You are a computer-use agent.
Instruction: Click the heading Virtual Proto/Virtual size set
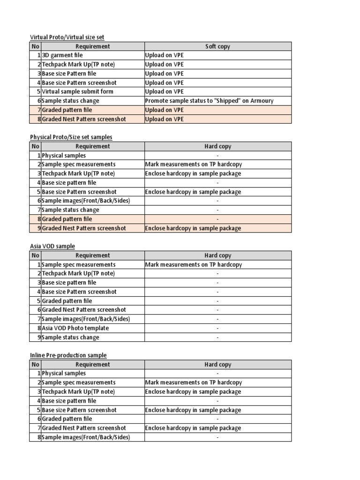tap(70, 37)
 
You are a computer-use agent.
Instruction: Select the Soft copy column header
tap(217, 46)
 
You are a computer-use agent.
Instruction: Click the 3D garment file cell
tap(62, 55)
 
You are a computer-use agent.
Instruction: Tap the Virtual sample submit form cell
tap(78, 91)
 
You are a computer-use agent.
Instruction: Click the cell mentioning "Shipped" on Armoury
tap(210, 101)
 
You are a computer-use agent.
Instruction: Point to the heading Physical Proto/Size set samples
tap(71, 137)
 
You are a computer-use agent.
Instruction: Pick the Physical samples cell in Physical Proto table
tap(64, 155)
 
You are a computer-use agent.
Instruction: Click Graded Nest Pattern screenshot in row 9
tap(84, 228)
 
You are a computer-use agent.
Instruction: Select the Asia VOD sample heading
tap(52, 246)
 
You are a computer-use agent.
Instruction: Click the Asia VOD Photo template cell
tap(75, 328)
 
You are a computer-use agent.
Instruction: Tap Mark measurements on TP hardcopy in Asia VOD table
tap(194, 264)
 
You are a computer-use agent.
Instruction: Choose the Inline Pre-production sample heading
tap(68, 355)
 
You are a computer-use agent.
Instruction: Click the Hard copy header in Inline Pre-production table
tap(217, 364)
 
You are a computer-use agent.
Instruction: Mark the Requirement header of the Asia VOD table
tap(92, 255)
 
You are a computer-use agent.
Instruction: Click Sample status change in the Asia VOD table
tap(71, 337)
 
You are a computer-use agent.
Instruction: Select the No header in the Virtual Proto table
tap(36, 46)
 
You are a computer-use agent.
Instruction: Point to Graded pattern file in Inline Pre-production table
tap(67, 419)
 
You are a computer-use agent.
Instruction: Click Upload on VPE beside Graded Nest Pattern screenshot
tap(165, 119)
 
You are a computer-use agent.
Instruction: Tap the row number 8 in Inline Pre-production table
tap(38, 437)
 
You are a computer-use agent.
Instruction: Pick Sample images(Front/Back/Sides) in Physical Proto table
tap(86, 201)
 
